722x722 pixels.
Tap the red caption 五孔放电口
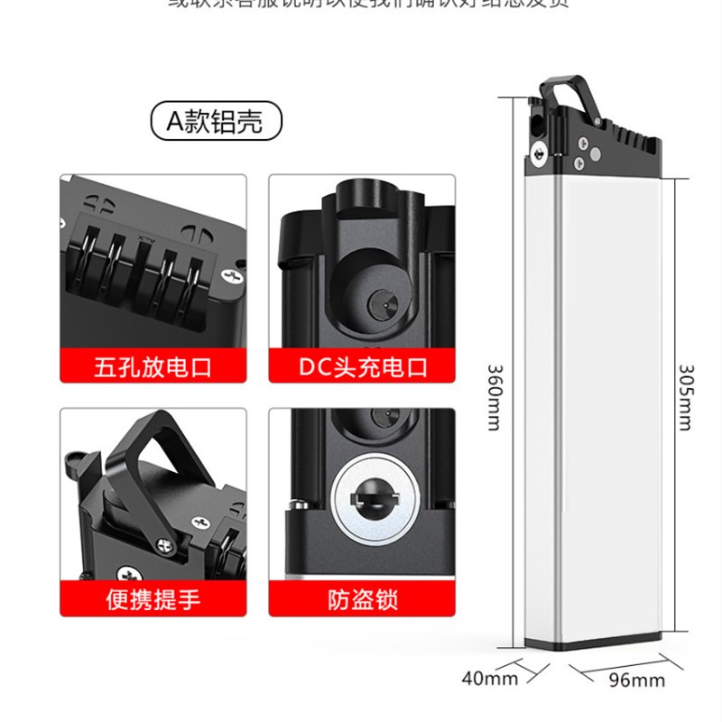[153, 367]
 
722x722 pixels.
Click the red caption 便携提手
[153, 598]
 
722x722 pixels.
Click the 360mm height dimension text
[494, 397]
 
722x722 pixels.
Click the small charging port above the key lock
[379, 418]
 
